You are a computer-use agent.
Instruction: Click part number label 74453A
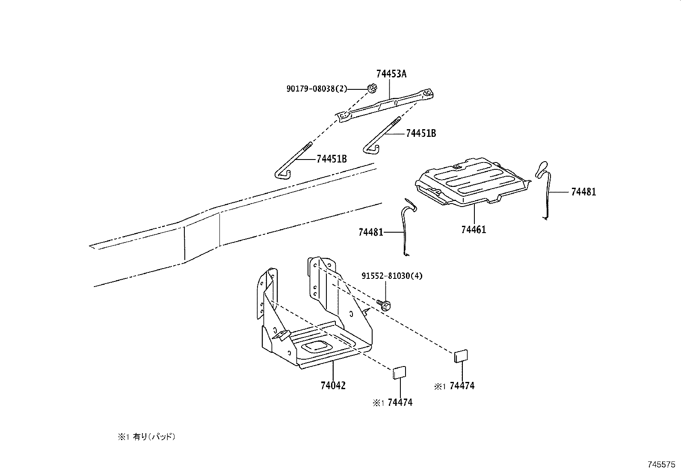391,74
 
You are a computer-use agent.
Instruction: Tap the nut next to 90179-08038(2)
372,89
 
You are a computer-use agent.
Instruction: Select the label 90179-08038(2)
317,89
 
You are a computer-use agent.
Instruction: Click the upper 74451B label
421,133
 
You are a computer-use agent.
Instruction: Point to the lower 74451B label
332,159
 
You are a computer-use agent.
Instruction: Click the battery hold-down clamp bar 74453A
385,107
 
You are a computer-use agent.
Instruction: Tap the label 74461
474,230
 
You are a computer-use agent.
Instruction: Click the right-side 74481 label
583,192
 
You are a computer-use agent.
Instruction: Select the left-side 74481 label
371,232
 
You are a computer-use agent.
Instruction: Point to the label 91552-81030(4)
392,276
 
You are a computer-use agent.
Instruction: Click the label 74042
333,385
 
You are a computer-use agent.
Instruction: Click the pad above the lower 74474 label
400,372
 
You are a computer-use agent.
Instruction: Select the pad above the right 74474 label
461,356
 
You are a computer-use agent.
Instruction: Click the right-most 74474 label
462,386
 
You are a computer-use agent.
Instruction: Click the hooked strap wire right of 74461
543,188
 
